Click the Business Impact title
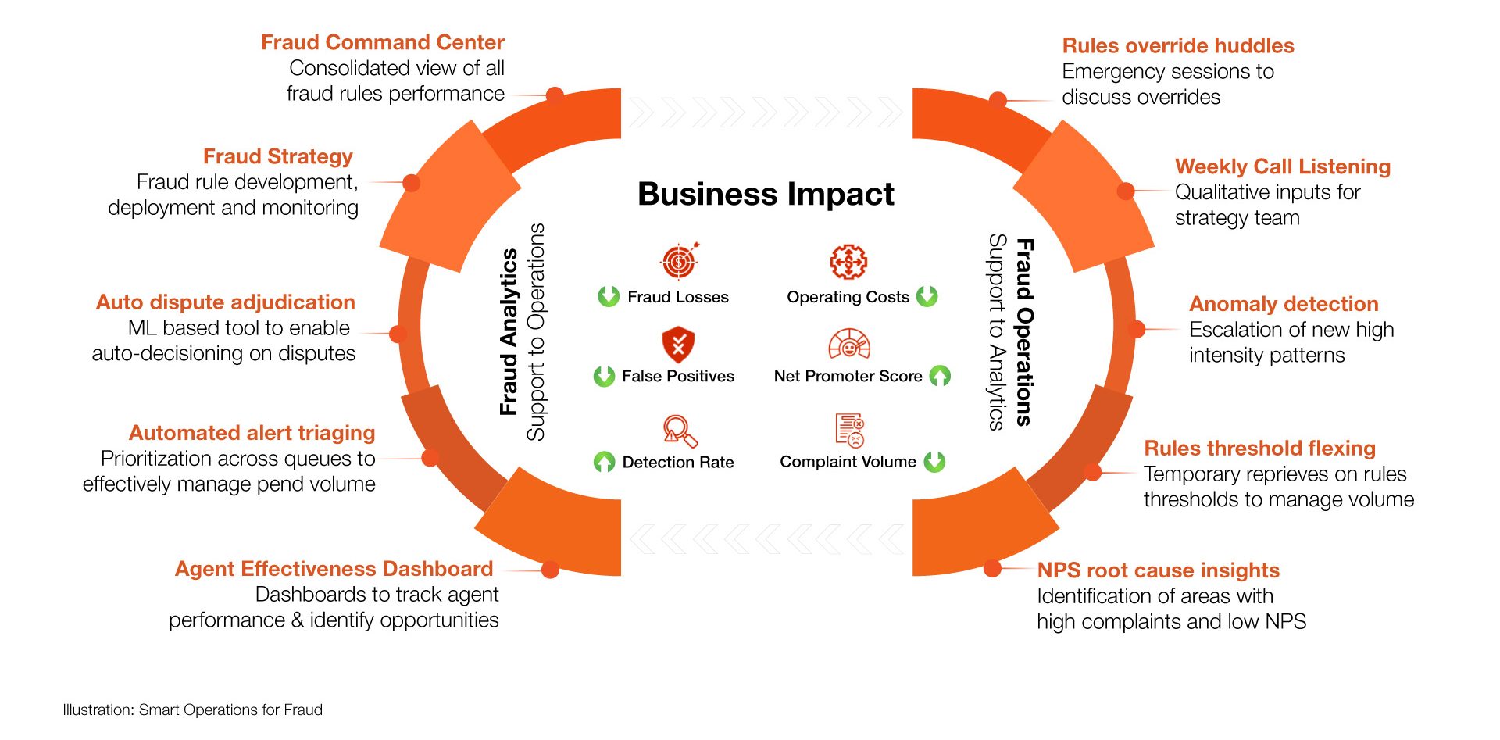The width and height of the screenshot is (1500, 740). coord(766,194)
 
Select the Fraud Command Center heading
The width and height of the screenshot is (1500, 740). coord(382,42)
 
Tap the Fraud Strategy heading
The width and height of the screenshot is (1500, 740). coord(278,156)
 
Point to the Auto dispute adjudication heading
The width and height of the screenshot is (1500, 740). coord(225,302)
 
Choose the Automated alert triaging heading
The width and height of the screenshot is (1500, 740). coord(252,433)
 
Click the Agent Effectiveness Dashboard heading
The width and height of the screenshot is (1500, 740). coord(334,569)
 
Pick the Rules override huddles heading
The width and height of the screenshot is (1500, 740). coord(1177,45)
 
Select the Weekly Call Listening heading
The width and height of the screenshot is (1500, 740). coord(1282,166)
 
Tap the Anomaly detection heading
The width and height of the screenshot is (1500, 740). coord(1283,304)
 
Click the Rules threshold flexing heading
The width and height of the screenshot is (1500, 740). coord(1259,449)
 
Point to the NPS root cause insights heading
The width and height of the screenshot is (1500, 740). coord(1158,570)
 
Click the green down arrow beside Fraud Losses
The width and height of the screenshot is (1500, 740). coord(609,297)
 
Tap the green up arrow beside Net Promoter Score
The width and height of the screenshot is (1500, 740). coord(940,376)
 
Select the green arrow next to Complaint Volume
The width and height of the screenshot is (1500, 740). coord(934,462)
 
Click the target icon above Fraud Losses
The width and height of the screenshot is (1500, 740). coord(680,261)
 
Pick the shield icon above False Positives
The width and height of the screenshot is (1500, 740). coord(678,344)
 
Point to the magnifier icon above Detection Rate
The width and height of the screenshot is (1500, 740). coord(679,430)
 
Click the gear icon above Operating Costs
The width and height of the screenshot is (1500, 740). coord(848,262)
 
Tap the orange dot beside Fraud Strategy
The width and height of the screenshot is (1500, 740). coord(412,183)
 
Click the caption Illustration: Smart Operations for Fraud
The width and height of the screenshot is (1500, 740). coord(192,710)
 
